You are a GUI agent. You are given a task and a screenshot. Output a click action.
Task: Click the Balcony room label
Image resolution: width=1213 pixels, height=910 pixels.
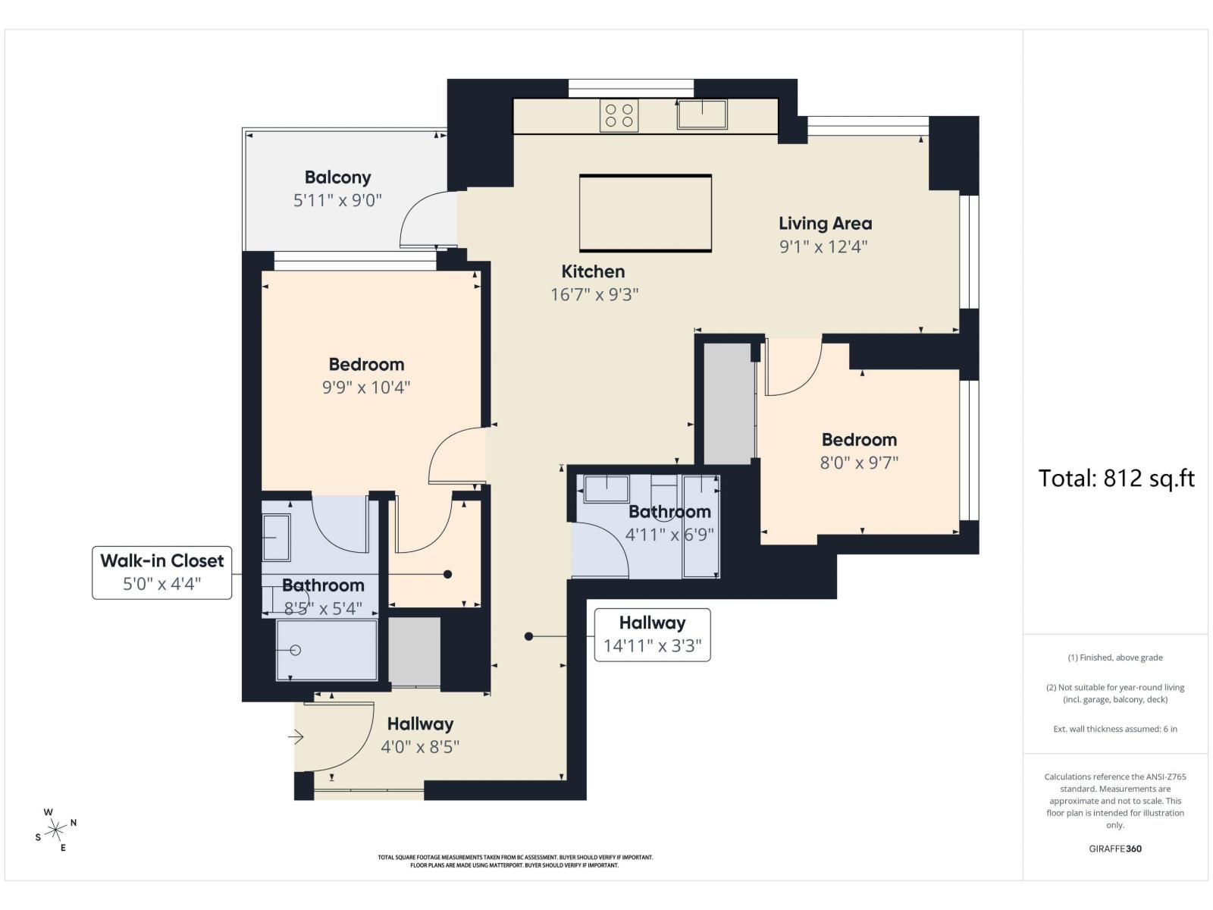pyautogui.click(x=337, y=177)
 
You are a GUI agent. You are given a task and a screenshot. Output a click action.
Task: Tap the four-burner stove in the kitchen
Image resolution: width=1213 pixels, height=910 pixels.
pyautogui.click(x=619, y=115)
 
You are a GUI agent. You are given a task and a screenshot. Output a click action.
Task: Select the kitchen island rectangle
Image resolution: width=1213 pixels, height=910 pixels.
pyautogui.click(x=645, y=213)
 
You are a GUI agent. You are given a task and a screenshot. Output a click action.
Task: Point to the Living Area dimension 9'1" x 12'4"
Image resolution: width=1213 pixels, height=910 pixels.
pyautogui.click(x=823, y=246)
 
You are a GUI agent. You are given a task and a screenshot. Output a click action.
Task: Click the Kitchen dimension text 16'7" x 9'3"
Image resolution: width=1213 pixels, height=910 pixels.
pyautogui.click(x=594, y=294)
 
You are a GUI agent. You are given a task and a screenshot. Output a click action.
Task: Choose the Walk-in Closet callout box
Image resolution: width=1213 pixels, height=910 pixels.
pyautogui.click(x=162, y=573)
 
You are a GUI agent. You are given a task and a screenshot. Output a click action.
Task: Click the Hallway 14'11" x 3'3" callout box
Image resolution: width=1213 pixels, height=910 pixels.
pyautogui.click(x=652, y=635)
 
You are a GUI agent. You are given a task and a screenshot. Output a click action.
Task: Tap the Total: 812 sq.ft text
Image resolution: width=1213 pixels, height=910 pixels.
pyautogui.click(x=1116, y=478)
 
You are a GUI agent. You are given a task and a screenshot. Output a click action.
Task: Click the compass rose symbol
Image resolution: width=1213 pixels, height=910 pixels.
pyautogui.click(x=55, y=830)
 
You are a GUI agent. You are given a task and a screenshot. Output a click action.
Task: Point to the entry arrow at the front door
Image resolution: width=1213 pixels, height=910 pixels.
pyautogui.click(x=296, y=736)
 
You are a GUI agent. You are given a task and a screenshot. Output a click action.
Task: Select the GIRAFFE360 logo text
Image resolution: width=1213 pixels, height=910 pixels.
pyautogui.click(x=1115, y=849)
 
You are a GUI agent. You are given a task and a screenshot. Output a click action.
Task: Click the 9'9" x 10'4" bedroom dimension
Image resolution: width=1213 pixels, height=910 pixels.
pyautogui.click(x=366, y=388)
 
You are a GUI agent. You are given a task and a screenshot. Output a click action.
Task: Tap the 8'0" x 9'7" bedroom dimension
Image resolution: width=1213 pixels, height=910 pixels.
pyautogui.click(x=859, y=463)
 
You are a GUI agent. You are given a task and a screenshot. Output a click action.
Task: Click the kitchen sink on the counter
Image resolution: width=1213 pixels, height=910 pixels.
pyautogui.click(x=702, y=115)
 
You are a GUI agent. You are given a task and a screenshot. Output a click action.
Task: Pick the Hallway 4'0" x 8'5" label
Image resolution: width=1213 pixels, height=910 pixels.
pyautogui.click(x=420, y=736)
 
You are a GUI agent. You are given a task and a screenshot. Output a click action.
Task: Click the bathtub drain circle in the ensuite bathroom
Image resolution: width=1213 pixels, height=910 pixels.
pyautogui.click(x=296, y=651)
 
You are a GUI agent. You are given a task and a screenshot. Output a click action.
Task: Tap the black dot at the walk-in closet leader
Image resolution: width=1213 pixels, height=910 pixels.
pyautogui.click(x=447, y=575)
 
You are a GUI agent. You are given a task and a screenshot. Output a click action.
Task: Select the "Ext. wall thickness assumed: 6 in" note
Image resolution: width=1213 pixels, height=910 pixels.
pyautogui.click(x=1115, y=729)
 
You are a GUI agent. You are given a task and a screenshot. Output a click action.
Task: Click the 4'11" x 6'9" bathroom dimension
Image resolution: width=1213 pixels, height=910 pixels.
pyautogui.click(x=669, y=535)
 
